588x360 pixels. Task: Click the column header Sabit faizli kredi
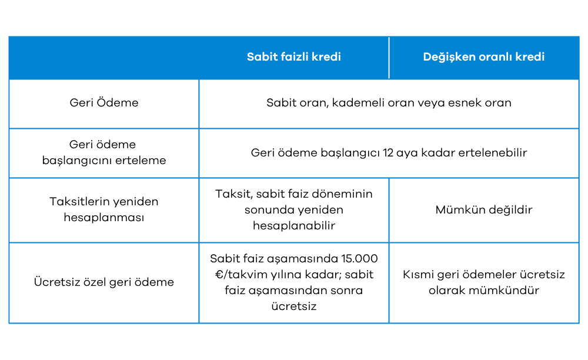[x=294, y=57]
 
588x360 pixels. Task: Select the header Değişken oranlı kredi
[x=483, y=57]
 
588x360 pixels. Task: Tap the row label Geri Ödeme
[x=104, y=103]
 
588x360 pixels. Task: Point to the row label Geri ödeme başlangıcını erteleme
[x=104, y=152]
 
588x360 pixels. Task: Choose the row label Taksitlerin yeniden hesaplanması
[x=104, y=209]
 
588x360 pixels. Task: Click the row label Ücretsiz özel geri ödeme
[x=104, y=282]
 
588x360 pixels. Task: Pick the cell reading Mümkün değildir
[x=483, y=210]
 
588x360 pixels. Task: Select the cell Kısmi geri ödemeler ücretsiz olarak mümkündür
[x=483, y=282]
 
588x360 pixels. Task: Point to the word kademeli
[x=355, y=103]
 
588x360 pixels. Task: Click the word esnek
[x=465, y=103]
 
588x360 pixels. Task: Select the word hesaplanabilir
[x=294, y=226]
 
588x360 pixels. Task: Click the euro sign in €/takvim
[x=213, y=275]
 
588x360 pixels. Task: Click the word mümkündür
[x=509, y=291]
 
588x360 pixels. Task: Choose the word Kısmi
[x=419, y=275]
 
